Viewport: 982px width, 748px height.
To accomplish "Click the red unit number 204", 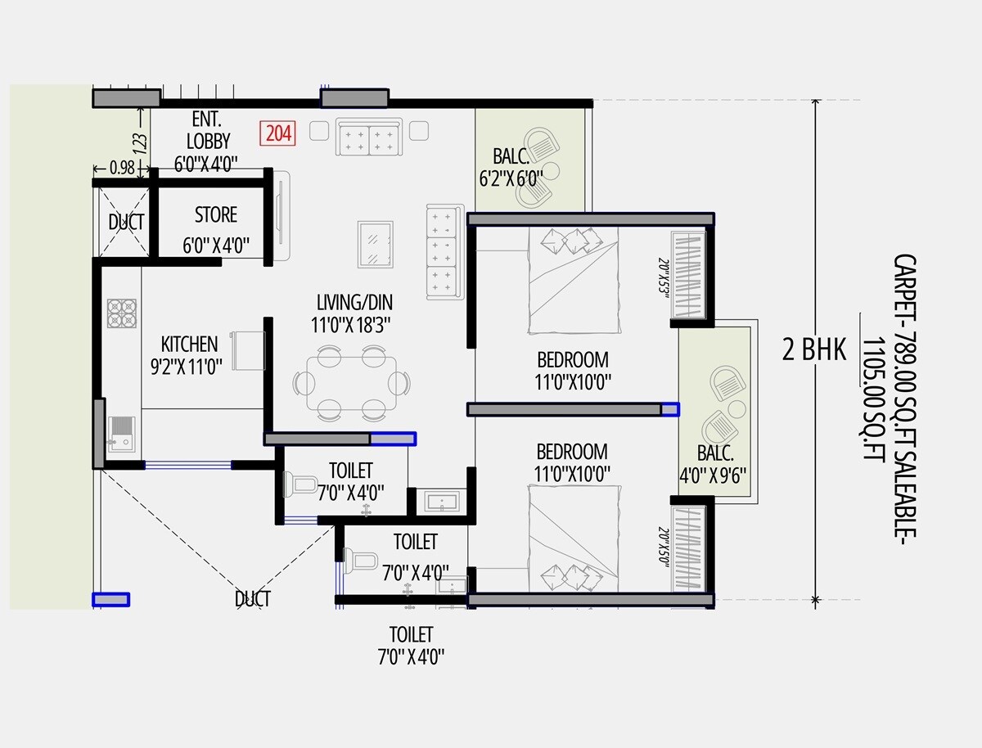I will click(x=278, y=133).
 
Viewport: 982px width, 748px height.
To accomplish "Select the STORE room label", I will click(x=216, y=215).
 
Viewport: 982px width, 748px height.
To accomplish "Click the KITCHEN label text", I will click(x=189, y=344).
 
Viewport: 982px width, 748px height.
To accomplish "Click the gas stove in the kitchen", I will click(x=122, y=313).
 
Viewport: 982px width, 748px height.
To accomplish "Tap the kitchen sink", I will click(x=120, y=431).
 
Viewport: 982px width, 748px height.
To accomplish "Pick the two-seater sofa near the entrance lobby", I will click(x=368, y=136).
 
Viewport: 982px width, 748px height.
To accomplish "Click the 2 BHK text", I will click(x=813, y=350).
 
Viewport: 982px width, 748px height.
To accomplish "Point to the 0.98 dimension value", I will click(x=122, y=168).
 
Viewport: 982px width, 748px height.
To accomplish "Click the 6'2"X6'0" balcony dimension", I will click(x=511, y=178).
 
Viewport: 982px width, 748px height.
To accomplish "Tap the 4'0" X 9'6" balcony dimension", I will click(x=715, y=476).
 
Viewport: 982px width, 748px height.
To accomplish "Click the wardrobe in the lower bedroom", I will click(x=688, y=547).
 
